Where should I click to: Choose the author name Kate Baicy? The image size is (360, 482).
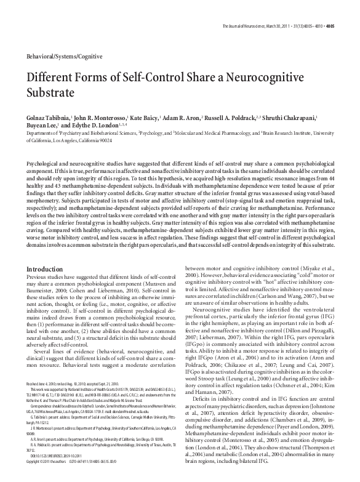pyautogui.click(x=156, y=116)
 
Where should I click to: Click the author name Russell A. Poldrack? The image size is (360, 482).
pyautogui.click(x=260, y=116)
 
